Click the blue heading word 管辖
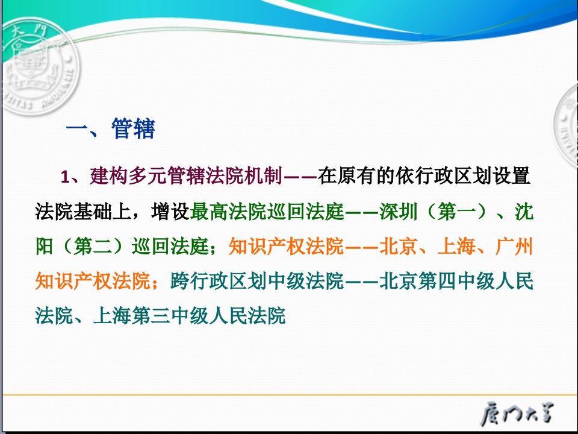tap(133, 129)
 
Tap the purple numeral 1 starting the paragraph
tap(65, 177)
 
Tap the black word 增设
tap(170, 212)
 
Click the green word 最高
tap(209, 212)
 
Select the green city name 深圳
tap(399, 212)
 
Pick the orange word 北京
tap(399, 246)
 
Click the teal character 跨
tap(180, 281)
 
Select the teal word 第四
tap(437, 281)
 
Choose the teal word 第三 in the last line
tap(151, 316)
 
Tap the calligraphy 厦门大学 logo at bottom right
tap(517, 414)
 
